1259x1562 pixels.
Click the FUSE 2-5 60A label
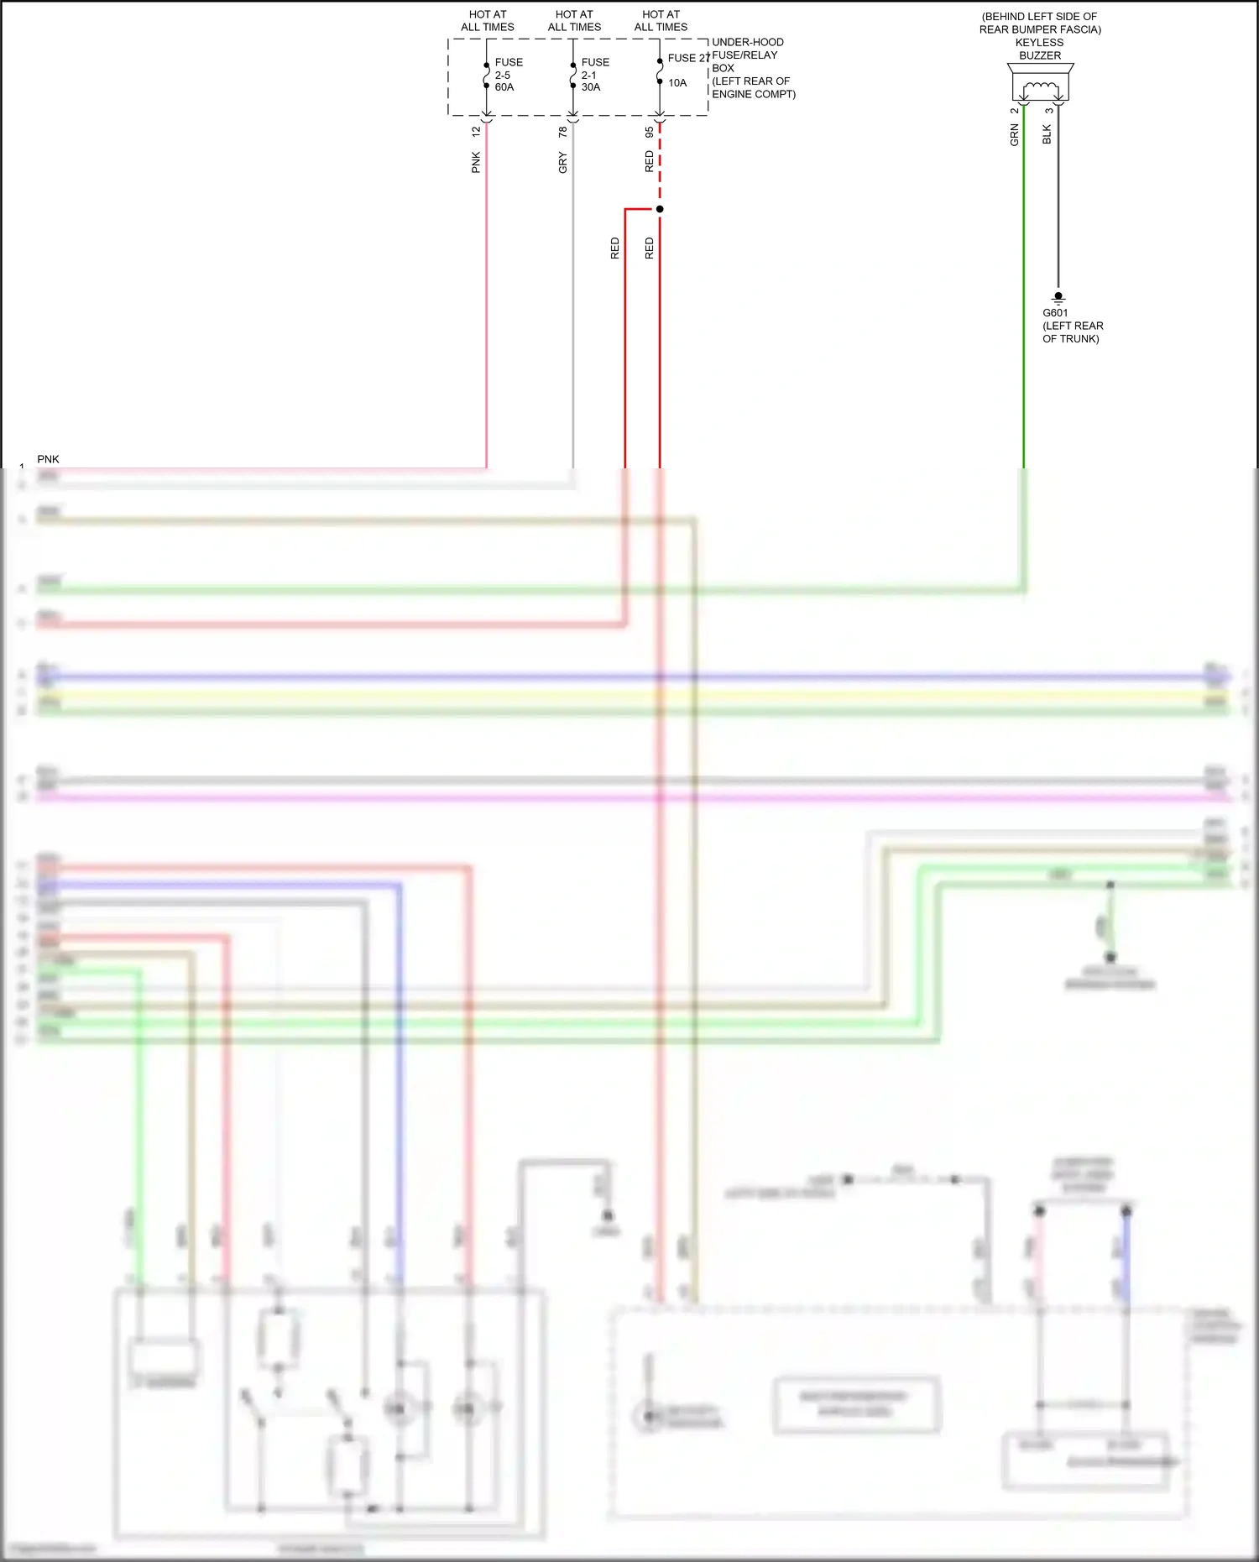point(508,75)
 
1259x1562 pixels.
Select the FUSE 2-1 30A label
point(594,75)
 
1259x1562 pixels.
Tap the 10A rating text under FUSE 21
point(677,83)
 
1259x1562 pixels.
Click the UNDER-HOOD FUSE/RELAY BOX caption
point(752,68)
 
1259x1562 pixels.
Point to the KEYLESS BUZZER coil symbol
point(1041,86)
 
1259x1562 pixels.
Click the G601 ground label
point(1055,313)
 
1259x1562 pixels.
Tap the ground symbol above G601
point(1058,298)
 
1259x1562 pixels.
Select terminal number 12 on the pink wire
point(476,132)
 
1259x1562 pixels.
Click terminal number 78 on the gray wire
point(562,132)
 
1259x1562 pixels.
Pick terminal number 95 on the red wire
point(649,132)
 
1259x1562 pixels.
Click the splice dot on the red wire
point(660,209)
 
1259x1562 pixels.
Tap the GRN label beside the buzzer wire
point(1014,135)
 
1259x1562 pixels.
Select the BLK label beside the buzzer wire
point(1047,134)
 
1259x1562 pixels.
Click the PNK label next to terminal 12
point(476,162)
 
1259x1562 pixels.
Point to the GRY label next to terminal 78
point(562,163)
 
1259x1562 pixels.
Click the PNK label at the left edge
point(48,459)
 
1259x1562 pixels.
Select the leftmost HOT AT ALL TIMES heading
point(488,21)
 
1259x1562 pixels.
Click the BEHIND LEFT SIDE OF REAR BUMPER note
point(1040,23)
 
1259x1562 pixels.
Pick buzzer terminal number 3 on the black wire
point(1048,110)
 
